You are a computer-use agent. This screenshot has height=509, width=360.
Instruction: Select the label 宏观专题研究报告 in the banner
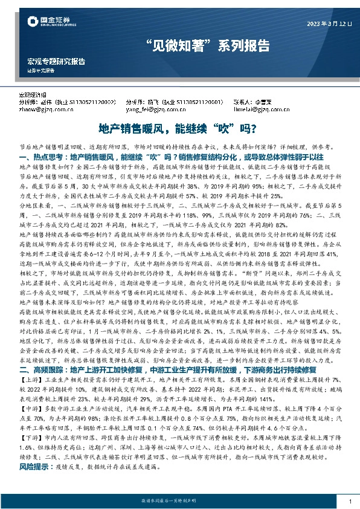pos(56,62)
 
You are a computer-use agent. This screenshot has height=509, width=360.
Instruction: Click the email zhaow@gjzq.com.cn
pos(45,110)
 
